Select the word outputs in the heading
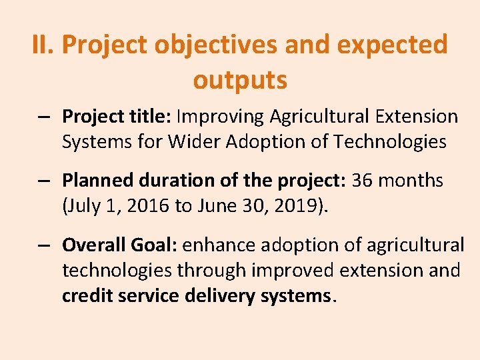coord(240,80)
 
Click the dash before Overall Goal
coord(44,246)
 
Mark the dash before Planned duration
coord(44,181)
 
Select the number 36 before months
coord(363,181)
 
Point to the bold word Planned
coord(97,181)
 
